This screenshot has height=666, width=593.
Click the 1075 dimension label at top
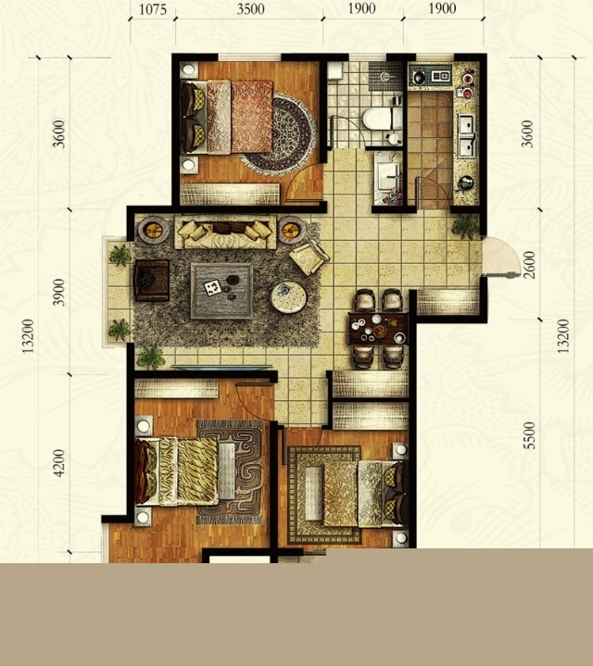153,9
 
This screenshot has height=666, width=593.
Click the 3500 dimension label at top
250,9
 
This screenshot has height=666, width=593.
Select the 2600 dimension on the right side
529,265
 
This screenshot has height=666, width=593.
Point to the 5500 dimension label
529,435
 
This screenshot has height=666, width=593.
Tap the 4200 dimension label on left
59,463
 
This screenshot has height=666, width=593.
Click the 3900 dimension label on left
59,292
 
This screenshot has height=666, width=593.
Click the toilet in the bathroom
382,119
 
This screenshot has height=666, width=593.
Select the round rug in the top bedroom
278,135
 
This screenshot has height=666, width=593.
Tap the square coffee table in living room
221,291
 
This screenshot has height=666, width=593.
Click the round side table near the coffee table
289,297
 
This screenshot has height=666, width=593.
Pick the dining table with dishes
378,328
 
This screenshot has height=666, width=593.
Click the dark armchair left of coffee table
152,281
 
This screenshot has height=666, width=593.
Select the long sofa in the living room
225,232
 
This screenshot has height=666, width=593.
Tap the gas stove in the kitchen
430,77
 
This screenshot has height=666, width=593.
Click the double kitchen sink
467,135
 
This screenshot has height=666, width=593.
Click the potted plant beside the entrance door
465,226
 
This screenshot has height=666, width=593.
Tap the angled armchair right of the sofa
309,257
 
